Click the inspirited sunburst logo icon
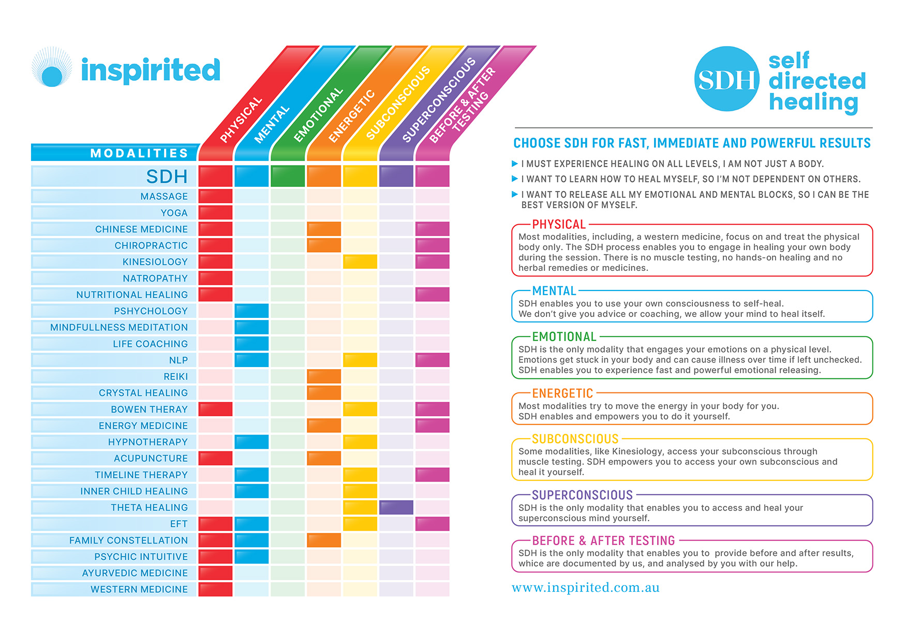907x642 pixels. (51, 68)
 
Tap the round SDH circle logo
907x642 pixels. (726, 79)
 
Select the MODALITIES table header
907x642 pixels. (139, 153)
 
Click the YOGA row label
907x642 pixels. (174, 213)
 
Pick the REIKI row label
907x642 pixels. (175, 376)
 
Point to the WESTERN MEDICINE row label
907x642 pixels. (139, 589)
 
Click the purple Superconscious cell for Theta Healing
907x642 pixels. (396, 507)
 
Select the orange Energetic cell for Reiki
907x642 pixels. (324, 376)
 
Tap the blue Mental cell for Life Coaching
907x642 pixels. (251, 344)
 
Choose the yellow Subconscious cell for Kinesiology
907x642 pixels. (360, 261)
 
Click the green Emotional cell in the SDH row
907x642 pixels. (288, 176)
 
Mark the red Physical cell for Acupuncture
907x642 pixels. (215, 458)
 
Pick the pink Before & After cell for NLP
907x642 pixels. (432, 360)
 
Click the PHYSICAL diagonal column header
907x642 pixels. (241, 119)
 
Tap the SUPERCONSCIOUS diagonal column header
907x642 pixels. (439, 99)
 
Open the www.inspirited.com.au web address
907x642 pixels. (585, 588)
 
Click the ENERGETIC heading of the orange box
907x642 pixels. (562, 393)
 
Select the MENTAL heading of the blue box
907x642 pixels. (554, 291)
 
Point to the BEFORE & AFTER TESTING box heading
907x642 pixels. (603, 541)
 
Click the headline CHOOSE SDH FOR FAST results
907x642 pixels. (692, 143)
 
